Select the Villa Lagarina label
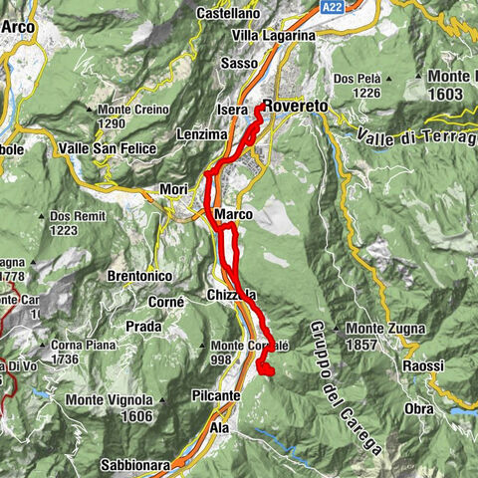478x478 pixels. (273, 35)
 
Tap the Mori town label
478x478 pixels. (173, 188)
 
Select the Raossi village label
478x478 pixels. (423, 365)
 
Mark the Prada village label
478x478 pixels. (144, 326)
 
